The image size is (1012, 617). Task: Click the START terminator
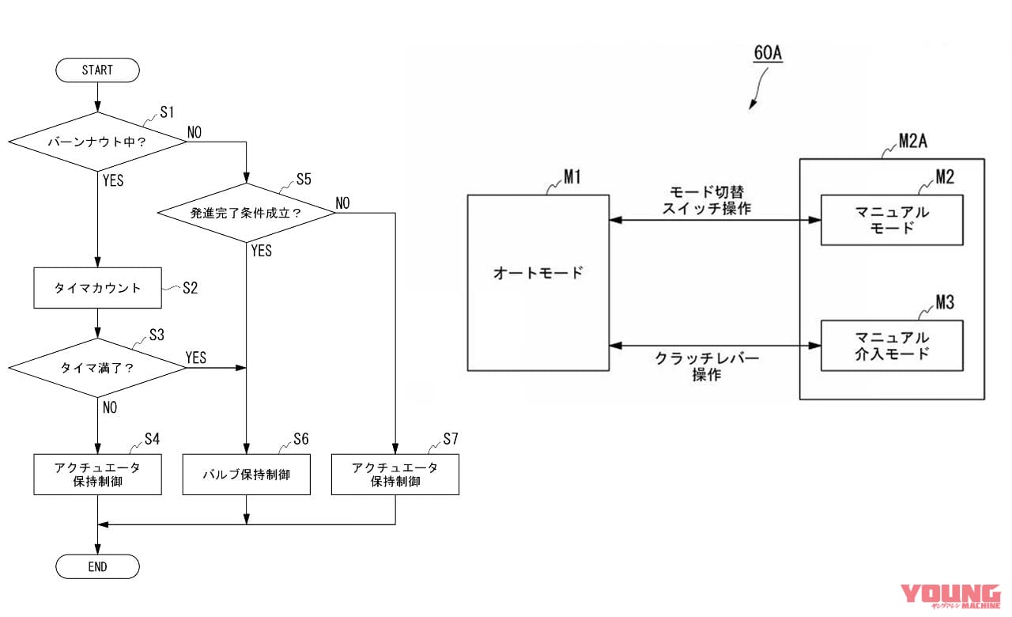[97, 70]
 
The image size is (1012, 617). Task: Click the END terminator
[97, 566]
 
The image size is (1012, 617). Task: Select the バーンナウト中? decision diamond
[97, 142]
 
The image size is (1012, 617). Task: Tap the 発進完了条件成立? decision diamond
[246, 213]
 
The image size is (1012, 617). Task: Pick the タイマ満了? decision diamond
[97, 368]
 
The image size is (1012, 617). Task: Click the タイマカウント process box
[97, 288]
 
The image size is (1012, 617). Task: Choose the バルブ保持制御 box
[246, 475]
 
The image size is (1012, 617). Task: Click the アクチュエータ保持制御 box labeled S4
[97, 475]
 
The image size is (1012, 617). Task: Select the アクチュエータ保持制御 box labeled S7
[395, 475]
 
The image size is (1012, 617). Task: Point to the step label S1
[166, 112]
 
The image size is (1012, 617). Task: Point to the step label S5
[304, 180]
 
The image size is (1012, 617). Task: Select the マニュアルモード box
[892, 220]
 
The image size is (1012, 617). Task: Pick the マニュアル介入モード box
[892, 345]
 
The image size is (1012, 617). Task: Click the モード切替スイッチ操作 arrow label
[709, 200]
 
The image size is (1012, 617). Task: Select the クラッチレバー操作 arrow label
[707, 366]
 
